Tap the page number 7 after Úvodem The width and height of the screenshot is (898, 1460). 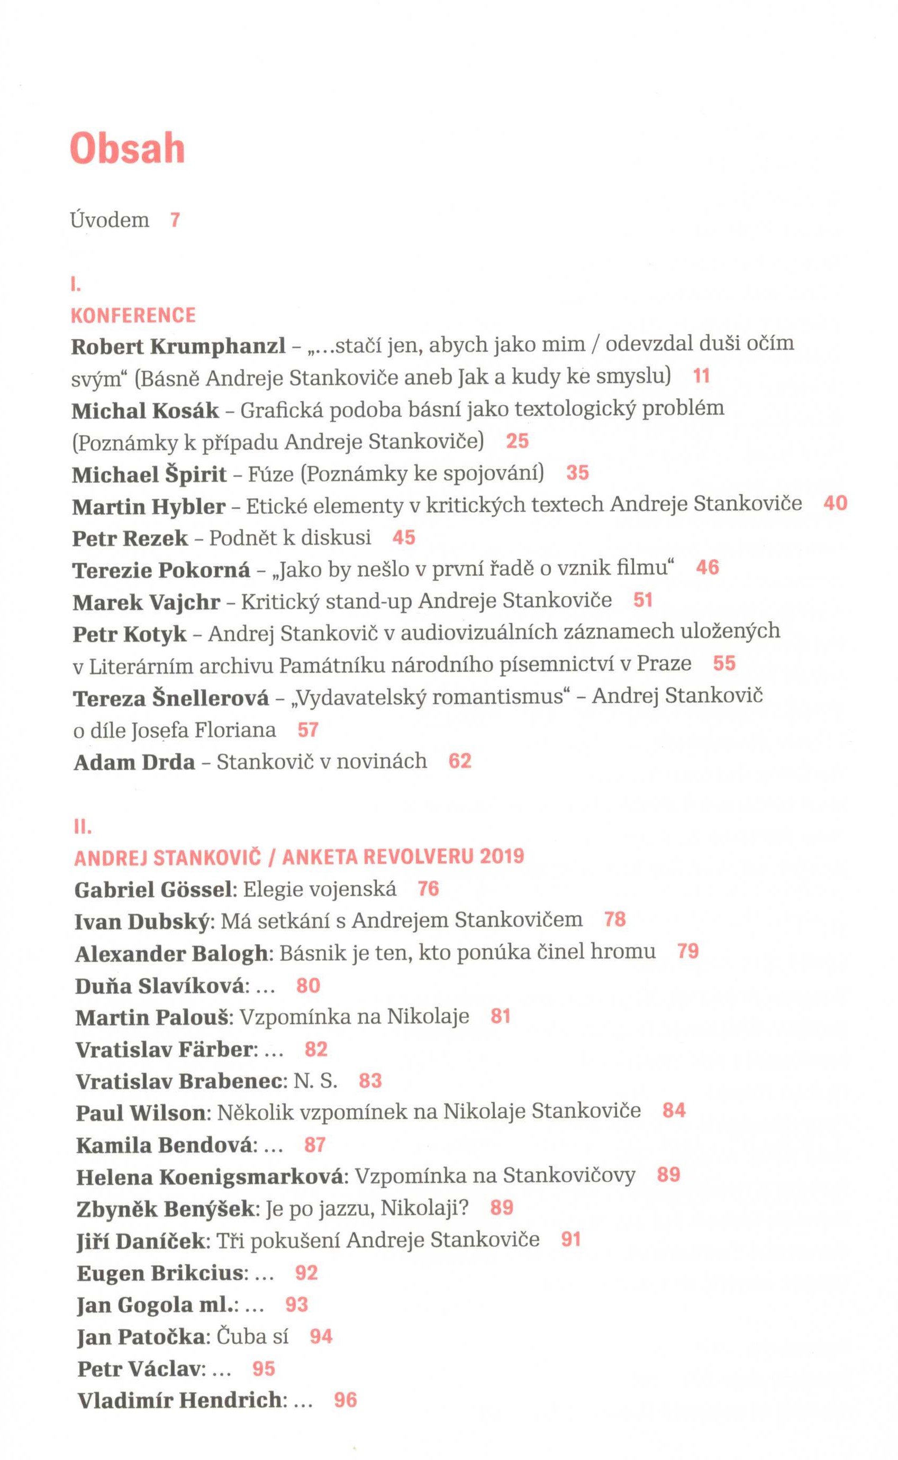coord(175,220)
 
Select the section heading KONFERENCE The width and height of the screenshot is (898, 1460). coord(133,315)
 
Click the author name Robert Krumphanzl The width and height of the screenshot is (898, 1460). coord(178,346)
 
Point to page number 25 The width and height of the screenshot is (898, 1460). coord(518,441)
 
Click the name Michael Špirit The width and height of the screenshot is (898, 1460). coord(149,474)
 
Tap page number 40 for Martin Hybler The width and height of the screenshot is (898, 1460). coord(835,504)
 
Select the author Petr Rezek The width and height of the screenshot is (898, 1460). coord(130,538)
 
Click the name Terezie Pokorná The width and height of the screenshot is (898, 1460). coord(161,570)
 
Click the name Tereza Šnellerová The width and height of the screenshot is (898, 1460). coord(171,698)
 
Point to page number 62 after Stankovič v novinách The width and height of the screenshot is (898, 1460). coord(460,761)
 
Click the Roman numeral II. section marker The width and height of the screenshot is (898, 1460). coord(83,826)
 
